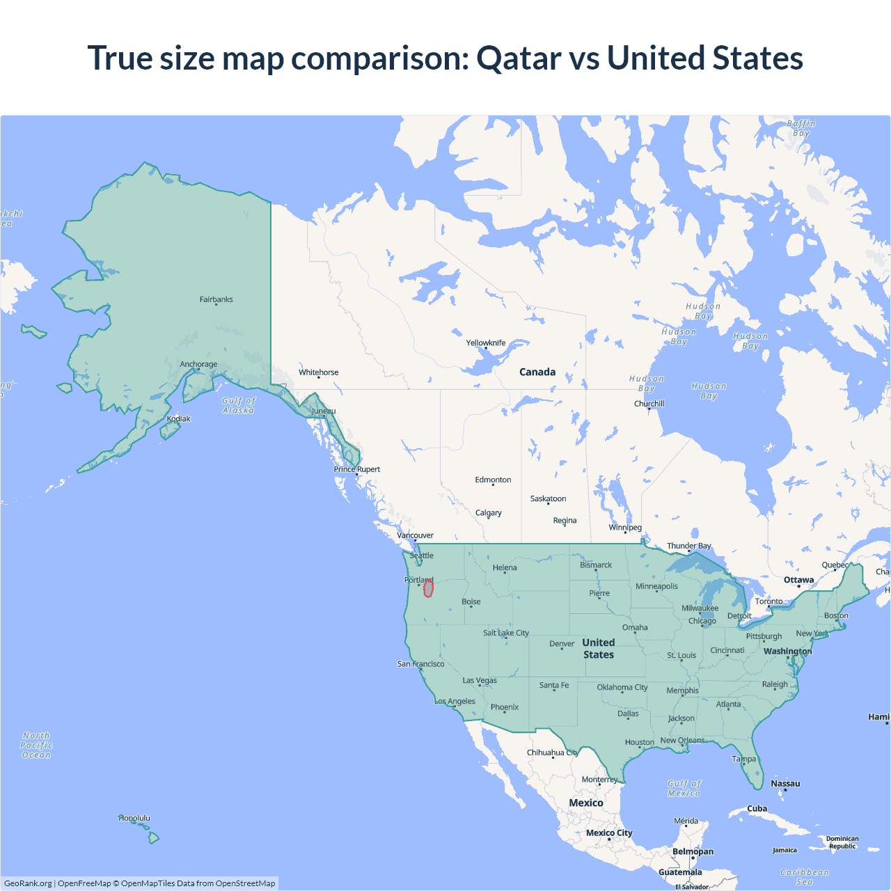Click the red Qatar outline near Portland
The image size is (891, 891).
click(x=428, y=588)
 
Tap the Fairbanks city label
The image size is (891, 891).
click(x=216, y=299)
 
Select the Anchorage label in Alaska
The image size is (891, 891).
click(x=198, y=364)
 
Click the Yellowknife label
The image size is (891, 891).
click(x=486, y=342)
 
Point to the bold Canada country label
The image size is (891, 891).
click(x=537, y=372)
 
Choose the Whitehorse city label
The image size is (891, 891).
click(x=319, y=372)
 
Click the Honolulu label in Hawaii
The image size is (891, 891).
click(x=134, y=818)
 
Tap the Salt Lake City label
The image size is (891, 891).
click(x=506, y=633)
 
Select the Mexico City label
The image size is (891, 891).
click(x=609, y=833)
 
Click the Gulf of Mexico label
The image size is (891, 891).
click(x=684, y=788)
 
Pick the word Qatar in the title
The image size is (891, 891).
click(x=518, y=58)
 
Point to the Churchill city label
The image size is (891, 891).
click(x=649, y=404)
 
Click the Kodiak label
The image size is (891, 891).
click(x=178, y=418)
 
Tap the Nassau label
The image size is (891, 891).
click(x=785, y=783)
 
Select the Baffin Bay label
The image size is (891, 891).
click(x=801, y=128)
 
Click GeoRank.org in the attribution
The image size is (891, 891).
click(x=28, y=883)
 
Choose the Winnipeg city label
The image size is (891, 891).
click(x=625, y=527)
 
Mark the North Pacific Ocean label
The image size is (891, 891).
click(x=36, y=745)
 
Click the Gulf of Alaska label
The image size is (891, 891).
click(x=239, y=405)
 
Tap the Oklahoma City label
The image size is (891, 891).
click(x=622, y=687)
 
